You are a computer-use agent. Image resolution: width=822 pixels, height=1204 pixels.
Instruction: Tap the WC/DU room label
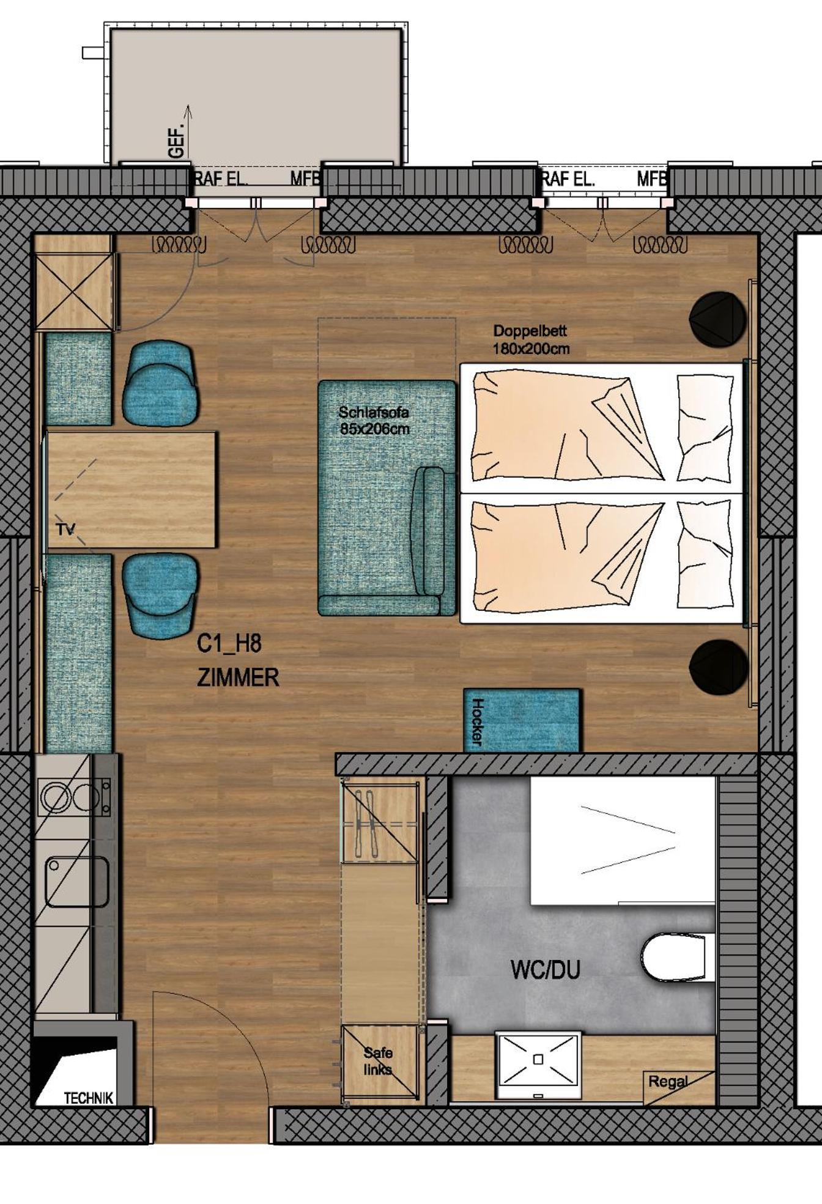(x=545, y=970)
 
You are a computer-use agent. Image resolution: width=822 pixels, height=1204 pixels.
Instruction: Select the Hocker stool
(x=522, y=721)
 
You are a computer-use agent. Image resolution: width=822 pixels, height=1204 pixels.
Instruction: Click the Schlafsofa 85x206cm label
(x=374, y=421)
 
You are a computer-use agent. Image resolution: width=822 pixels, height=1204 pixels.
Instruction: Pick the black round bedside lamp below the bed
(x=719, y=667)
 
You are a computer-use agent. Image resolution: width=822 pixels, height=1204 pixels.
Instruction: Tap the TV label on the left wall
(x=65, y=530)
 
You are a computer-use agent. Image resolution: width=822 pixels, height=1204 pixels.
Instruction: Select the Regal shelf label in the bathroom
(x=668, y=1082)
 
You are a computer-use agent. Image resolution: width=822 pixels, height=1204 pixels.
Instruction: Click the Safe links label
(x=377, y=1061)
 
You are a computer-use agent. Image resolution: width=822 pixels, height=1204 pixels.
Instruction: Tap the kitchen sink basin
(x=77, y=881)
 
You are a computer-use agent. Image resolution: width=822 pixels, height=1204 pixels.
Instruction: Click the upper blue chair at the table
(x=161, y=383)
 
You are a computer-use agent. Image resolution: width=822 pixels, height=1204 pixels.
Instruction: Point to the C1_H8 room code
(x=229, y=644)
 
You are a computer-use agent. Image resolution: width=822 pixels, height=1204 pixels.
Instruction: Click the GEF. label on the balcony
(x=177, y=142)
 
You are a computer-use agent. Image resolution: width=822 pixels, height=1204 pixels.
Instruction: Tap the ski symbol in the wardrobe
(x=360, y=819)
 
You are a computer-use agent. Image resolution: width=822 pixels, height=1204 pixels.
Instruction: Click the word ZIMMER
(x=238, y=678)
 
